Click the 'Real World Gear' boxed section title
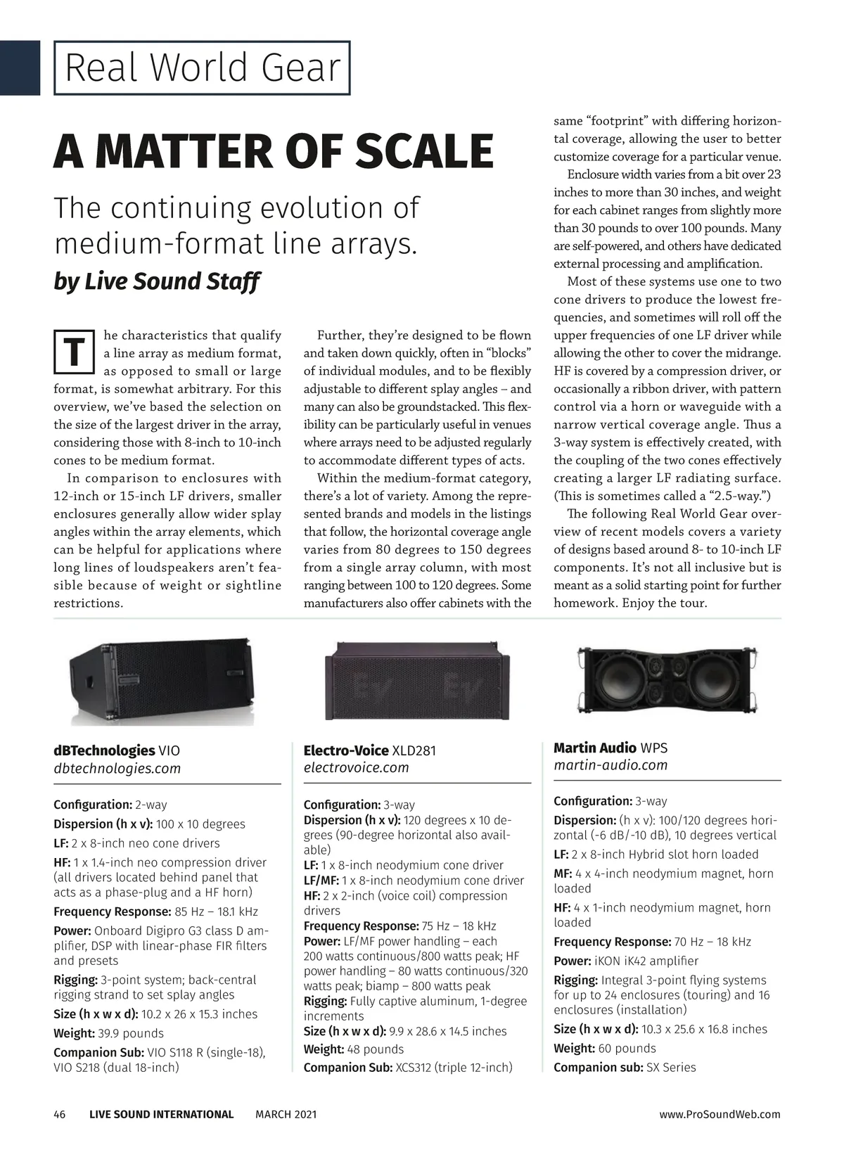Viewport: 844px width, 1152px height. [202, 68]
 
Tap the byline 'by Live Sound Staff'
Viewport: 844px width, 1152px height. [156, 281]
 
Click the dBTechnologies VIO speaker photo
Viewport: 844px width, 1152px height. [162, 681]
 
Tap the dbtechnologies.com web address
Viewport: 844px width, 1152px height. [117, 769]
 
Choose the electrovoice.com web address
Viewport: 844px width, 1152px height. [356, 768]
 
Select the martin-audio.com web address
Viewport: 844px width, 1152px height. [610, 765]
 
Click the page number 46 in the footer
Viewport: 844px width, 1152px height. [60, 1114]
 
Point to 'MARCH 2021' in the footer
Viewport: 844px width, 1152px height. [286, 1114]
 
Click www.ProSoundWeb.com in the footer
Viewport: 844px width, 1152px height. [720, 1114]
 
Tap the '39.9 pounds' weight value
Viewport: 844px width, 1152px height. [131, 1033]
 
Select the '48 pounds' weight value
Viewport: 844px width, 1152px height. [376, 1049]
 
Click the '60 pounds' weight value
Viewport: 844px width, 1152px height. [627, 1048]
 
